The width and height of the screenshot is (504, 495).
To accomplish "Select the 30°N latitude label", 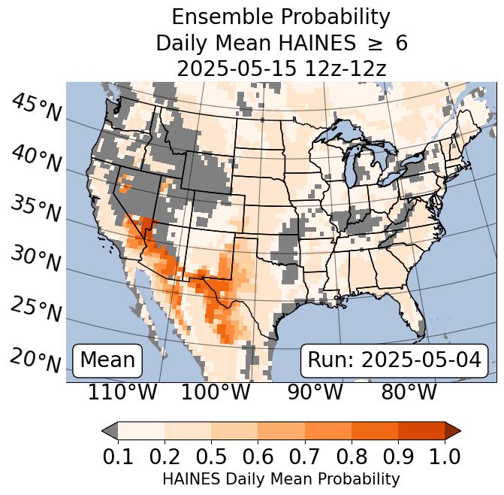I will tap(36, 259).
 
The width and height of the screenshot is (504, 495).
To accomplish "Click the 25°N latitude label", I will tap(36, 309).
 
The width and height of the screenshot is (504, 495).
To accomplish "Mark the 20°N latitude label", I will tap(36, 360).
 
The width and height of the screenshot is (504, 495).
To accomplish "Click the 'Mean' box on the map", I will tap(107, 360).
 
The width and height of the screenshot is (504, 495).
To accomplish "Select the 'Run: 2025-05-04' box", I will tap(394, 360).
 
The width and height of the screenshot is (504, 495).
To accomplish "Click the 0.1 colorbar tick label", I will tap(118, 456).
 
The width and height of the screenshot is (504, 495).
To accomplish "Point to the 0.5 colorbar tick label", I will tap(211, 456).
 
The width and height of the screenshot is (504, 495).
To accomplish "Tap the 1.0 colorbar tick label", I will tap(444, 456).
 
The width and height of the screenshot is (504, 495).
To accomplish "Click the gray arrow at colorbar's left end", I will tap(110, 431).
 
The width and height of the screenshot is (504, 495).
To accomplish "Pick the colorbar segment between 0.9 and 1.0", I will tap(421, 431).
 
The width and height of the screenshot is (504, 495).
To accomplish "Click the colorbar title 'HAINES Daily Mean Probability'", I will tap(281, 478).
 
